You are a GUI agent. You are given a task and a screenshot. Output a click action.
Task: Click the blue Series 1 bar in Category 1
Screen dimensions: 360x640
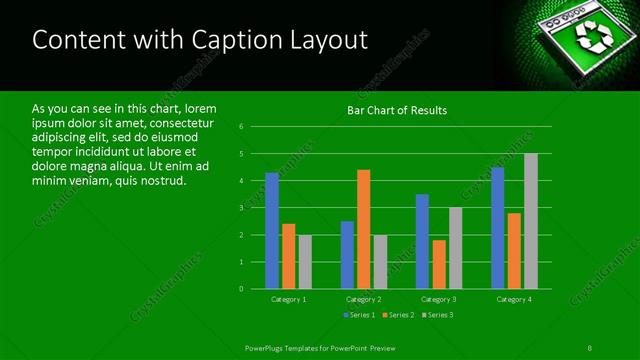[272, 231]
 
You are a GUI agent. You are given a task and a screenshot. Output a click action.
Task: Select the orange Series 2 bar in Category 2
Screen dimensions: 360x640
[363, 229]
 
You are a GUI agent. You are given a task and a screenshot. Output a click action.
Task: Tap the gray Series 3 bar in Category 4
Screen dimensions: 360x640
[531, 221]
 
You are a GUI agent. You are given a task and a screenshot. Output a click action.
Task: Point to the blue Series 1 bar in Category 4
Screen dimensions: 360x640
[498, 228]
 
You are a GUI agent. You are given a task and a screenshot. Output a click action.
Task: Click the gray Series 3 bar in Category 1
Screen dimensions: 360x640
[305, 262]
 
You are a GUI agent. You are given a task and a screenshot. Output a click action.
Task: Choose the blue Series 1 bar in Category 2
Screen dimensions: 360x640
[347, 255]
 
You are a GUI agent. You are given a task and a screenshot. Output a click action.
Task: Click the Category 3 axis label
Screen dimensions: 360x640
[439, 299]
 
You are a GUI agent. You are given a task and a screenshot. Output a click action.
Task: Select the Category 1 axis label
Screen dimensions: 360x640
[289, 299]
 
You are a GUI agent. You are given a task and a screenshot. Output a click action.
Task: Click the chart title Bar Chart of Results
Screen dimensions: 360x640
[397, 110]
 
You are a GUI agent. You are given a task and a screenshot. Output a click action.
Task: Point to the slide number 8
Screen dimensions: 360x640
[589, 347]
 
